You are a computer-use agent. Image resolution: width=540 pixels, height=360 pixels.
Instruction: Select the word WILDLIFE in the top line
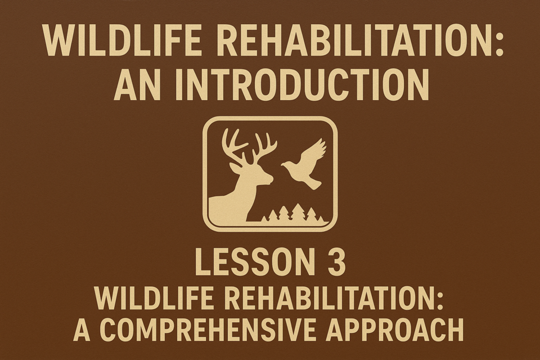[121, 40]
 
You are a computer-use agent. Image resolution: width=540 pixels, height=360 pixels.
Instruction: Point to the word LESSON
[253, 262]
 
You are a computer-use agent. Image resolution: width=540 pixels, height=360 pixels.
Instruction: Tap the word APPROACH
[395, 330]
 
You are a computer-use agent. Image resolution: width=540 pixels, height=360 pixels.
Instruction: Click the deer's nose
[271, 179]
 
